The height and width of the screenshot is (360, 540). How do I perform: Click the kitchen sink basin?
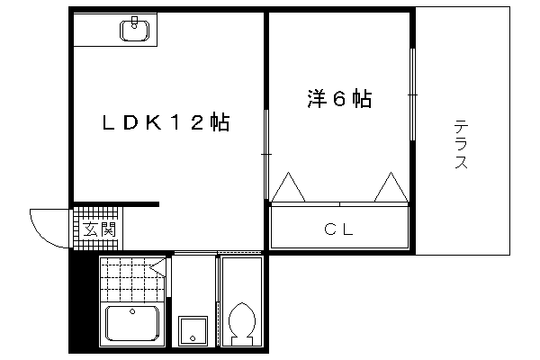click(x=135, y=31)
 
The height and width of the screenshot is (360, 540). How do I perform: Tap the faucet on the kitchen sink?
click(x=135, y=22)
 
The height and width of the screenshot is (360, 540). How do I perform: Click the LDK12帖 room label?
click(x=166, y=122)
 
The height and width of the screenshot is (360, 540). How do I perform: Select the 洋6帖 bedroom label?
click(x=339, y=99)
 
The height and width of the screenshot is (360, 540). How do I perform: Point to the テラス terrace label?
click(x=461, y=144)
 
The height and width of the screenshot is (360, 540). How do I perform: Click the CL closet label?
click(x=339, y=229)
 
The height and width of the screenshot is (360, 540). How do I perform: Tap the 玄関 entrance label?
click(x=100, y=229)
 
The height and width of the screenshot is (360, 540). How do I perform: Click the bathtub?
click(x=132, y=324)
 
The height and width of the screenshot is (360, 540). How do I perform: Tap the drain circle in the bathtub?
click(x=132, y=311)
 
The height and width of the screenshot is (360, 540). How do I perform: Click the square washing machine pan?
click(x=193, y=330)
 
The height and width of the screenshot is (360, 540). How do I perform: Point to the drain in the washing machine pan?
click(x=193, y=338)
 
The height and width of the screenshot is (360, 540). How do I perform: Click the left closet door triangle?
click(x=289, y=187)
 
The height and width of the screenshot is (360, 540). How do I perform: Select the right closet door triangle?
click(x=391, y=187)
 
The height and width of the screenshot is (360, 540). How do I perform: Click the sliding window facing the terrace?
click(x=412, y=94)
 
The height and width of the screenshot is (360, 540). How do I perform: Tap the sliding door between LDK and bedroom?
click(x=266, y=154)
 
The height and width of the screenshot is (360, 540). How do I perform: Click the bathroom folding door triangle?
click(x=158, y=267)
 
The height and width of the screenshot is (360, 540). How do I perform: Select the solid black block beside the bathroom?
click(x=84, y=301)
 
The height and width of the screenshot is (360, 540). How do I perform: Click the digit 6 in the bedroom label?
click(x=339, y=99)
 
